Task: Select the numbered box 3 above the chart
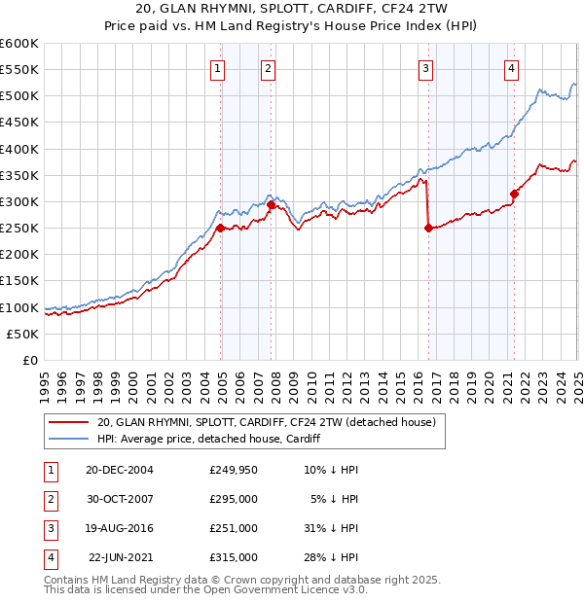(x=426, y=68)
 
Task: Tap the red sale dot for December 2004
(x=221, y=229)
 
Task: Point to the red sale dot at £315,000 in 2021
(x=514, y=194)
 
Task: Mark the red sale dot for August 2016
(x=428, y=228)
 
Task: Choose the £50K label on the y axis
(x=22, y=334)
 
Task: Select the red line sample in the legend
(x=69, y=422)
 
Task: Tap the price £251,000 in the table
(x=234, y=528)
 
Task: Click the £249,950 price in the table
(x=234, y=470)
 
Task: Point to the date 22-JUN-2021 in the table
(x=120, y=557)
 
